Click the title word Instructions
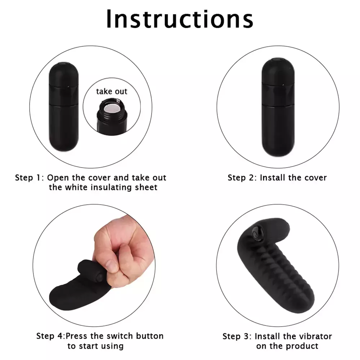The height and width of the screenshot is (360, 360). tap(180, 19)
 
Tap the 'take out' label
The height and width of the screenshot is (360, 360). tap(112, 91)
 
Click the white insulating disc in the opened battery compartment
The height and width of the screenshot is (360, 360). tap(112, 107)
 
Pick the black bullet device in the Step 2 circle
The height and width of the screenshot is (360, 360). tap(278, 107)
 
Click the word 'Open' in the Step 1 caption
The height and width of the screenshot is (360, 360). tap(58, 178)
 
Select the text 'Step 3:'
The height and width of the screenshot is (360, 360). tap(237, 336)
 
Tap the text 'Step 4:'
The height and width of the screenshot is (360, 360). tap(51, 336)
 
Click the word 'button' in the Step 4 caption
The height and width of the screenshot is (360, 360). tap(150, 336)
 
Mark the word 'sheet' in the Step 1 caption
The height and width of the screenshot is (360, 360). tap(146, 187)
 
